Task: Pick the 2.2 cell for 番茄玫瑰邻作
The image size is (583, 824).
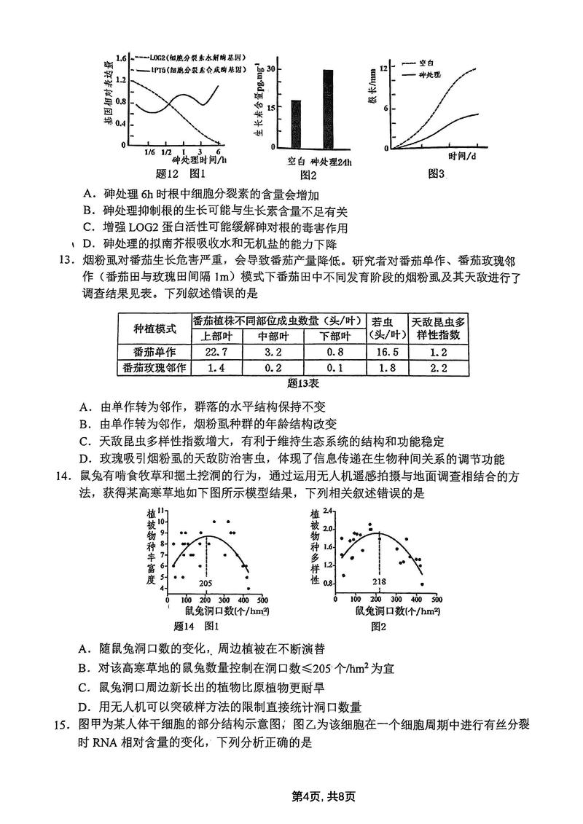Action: (x=438, y=368)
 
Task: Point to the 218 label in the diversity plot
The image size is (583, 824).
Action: (x=379, y=581)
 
